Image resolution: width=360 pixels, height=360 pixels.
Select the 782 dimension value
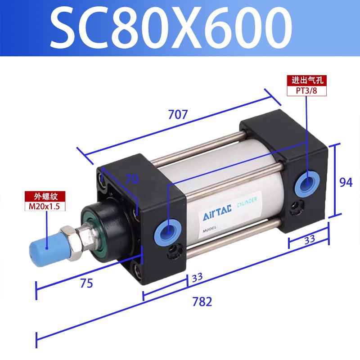(x=202, y=301)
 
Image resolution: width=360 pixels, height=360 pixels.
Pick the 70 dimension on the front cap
(x=131, y=180)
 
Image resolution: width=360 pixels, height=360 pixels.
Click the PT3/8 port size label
(x=306, y=90)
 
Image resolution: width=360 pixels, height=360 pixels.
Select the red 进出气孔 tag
(x=306, y=81)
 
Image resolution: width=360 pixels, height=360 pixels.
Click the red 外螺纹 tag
(x=45, y=197)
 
